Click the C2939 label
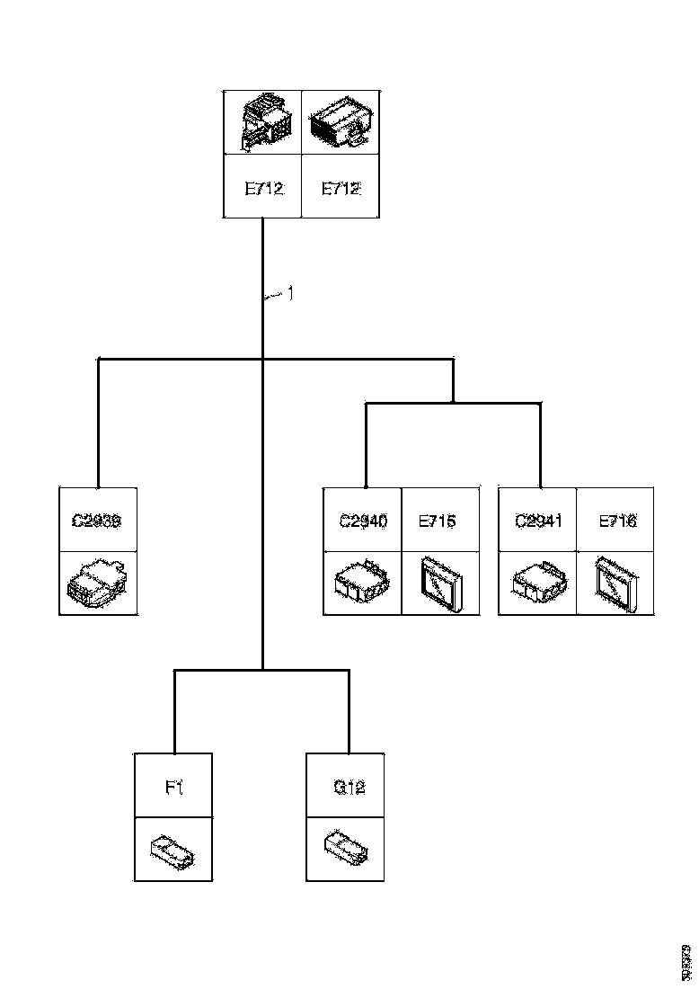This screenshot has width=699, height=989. pos(97,520)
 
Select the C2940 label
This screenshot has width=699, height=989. pos(362,520)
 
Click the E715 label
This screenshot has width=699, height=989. pos(438,520)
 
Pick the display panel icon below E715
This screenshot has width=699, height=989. pos(439,583)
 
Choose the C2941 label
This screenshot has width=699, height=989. pos(537,520)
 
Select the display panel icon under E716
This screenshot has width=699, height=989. pos(615,583)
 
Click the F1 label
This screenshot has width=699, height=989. pos(174,787)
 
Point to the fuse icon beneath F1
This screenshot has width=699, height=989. pos(174,849)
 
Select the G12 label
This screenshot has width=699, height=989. pos(349,787)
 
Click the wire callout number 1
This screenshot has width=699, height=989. pos(289,292)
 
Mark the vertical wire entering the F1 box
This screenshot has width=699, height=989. pos(174,710)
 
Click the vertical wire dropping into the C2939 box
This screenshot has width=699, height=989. pos(98,423)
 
